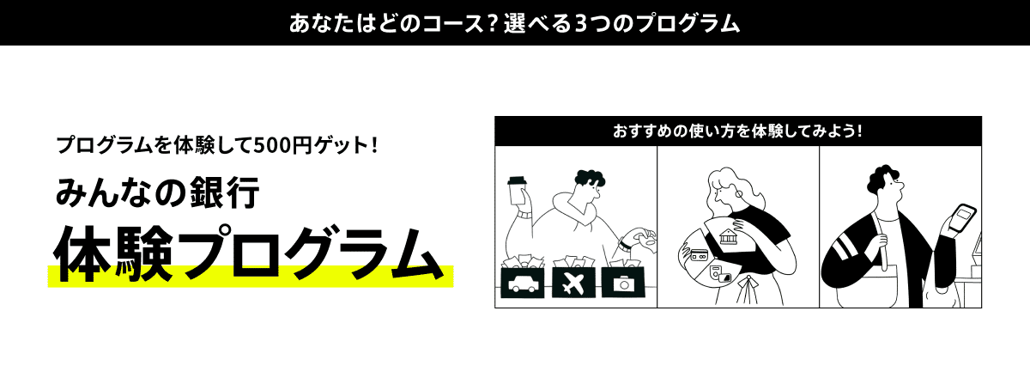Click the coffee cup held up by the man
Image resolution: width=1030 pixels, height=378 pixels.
pyautogui.click(x=517, y=190)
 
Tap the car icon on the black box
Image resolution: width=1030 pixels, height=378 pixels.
pyautogui.click(x=522, y=283)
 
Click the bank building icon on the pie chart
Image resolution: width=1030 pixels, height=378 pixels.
pyautogui.click(x=731, y=235)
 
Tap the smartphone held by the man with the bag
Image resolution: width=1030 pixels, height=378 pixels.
pyautogui.click(x=964, y=217)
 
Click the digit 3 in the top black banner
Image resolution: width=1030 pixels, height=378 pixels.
pyautogui.click(x=583, y=21)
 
